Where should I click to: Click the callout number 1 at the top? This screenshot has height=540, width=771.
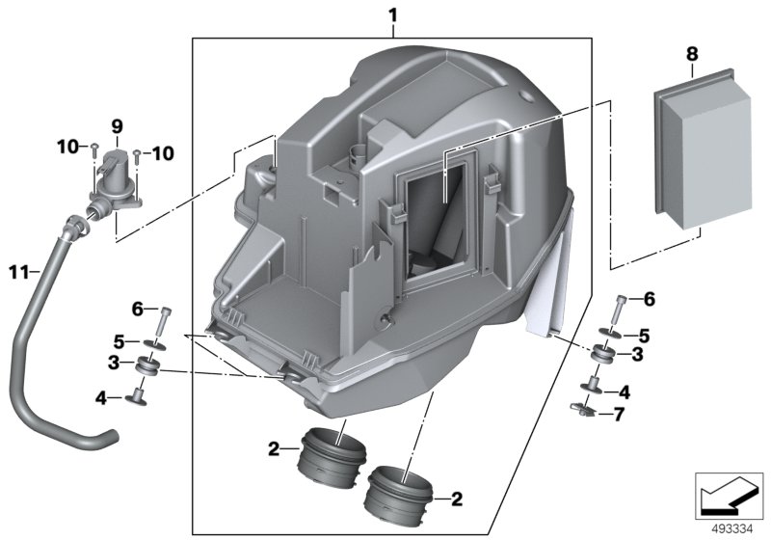[392, 15]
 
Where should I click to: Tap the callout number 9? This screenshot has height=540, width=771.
[117, 126]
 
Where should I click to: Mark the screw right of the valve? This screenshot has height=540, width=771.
[137, 152]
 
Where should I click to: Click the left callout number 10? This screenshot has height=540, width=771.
[66, 148]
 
